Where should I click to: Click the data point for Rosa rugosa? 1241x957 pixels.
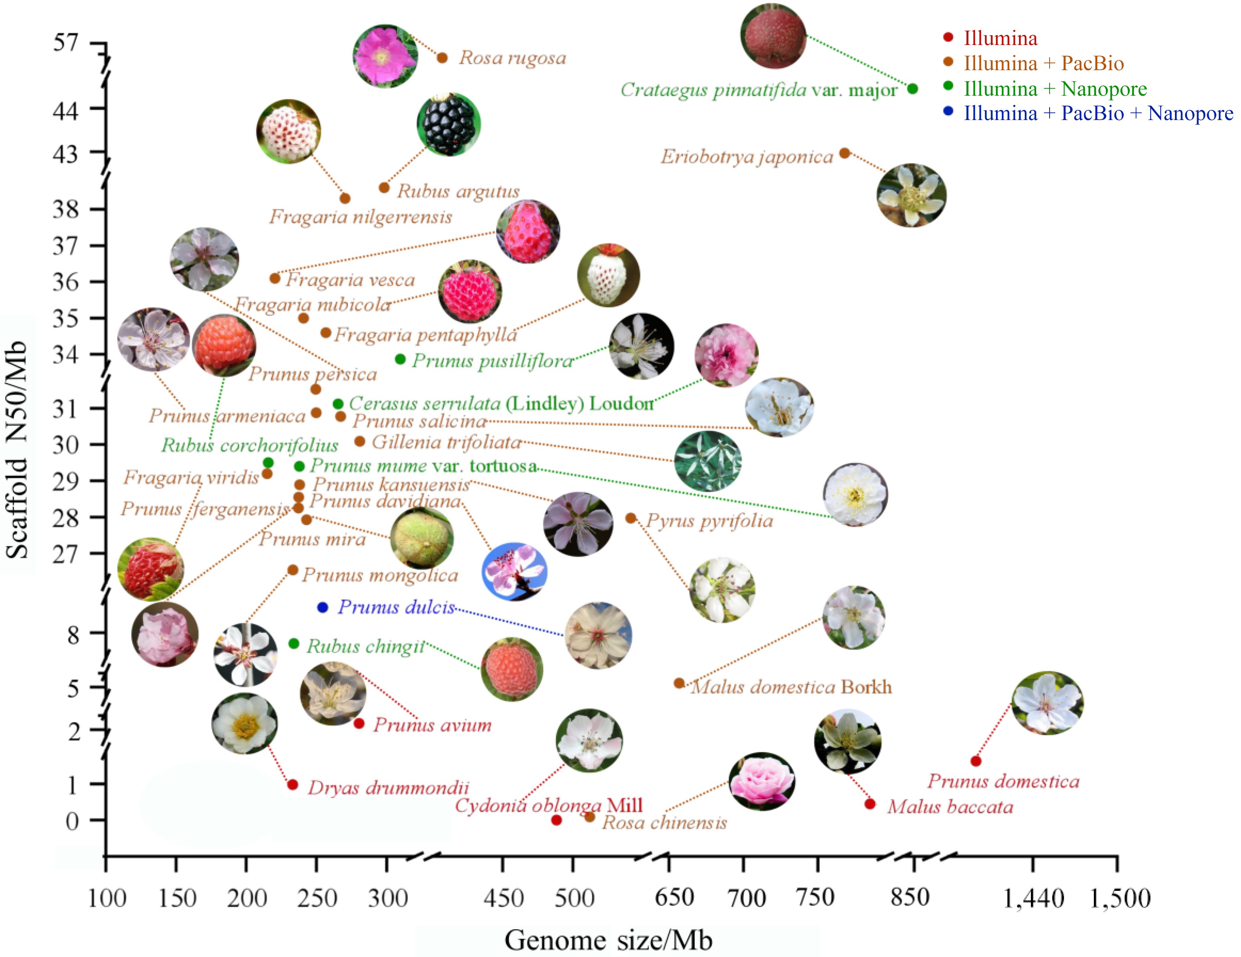coord(442,57)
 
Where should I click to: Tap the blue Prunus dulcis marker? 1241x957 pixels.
coord(322,607)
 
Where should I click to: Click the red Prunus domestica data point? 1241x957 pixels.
coord(976,760)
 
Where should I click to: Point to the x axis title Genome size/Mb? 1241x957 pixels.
coord(608,940)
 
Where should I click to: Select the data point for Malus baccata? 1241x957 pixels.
coord(869,804)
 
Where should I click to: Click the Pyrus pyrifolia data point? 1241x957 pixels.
coord(630,518)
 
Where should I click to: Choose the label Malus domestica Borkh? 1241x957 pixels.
coord(791,687)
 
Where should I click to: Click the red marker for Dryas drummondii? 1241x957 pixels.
coord(293,784)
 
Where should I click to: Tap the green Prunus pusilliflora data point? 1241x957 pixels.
coord(400,359)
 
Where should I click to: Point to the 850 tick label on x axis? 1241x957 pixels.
coord(910,898)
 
